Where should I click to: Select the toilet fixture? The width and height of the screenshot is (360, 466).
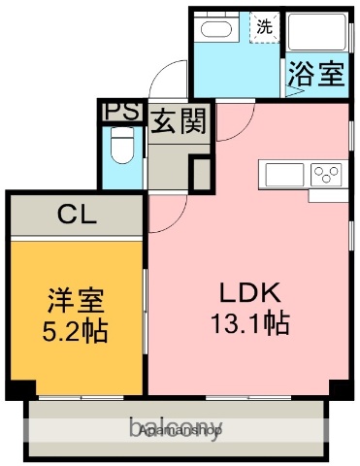tap(121, 150)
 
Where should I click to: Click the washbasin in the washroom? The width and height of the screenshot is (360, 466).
tap(214, 30)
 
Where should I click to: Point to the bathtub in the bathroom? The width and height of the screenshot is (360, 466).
tap(318, 36)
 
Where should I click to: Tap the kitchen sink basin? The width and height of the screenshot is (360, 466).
tap(282, 177)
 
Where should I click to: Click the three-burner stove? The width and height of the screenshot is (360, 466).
tap(326, 176)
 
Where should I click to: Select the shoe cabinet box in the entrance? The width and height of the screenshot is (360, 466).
tap(200, 173)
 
